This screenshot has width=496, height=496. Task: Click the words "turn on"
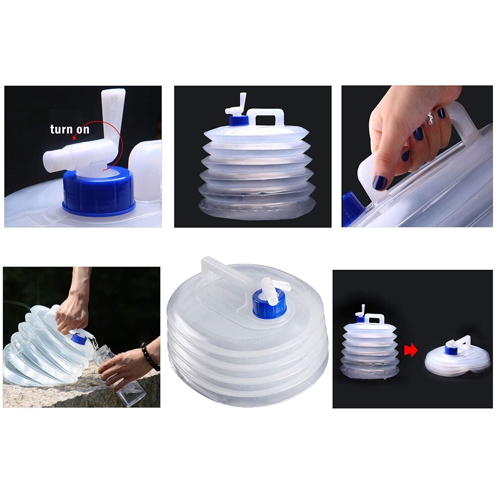[69, 130]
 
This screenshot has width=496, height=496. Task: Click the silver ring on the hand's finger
[430, 118]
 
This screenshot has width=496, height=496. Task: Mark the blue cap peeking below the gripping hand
[351, 208]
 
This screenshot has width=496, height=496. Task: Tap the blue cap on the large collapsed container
[269, 303]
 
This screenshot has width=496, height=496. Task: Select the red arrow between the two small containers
[411, 351]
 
